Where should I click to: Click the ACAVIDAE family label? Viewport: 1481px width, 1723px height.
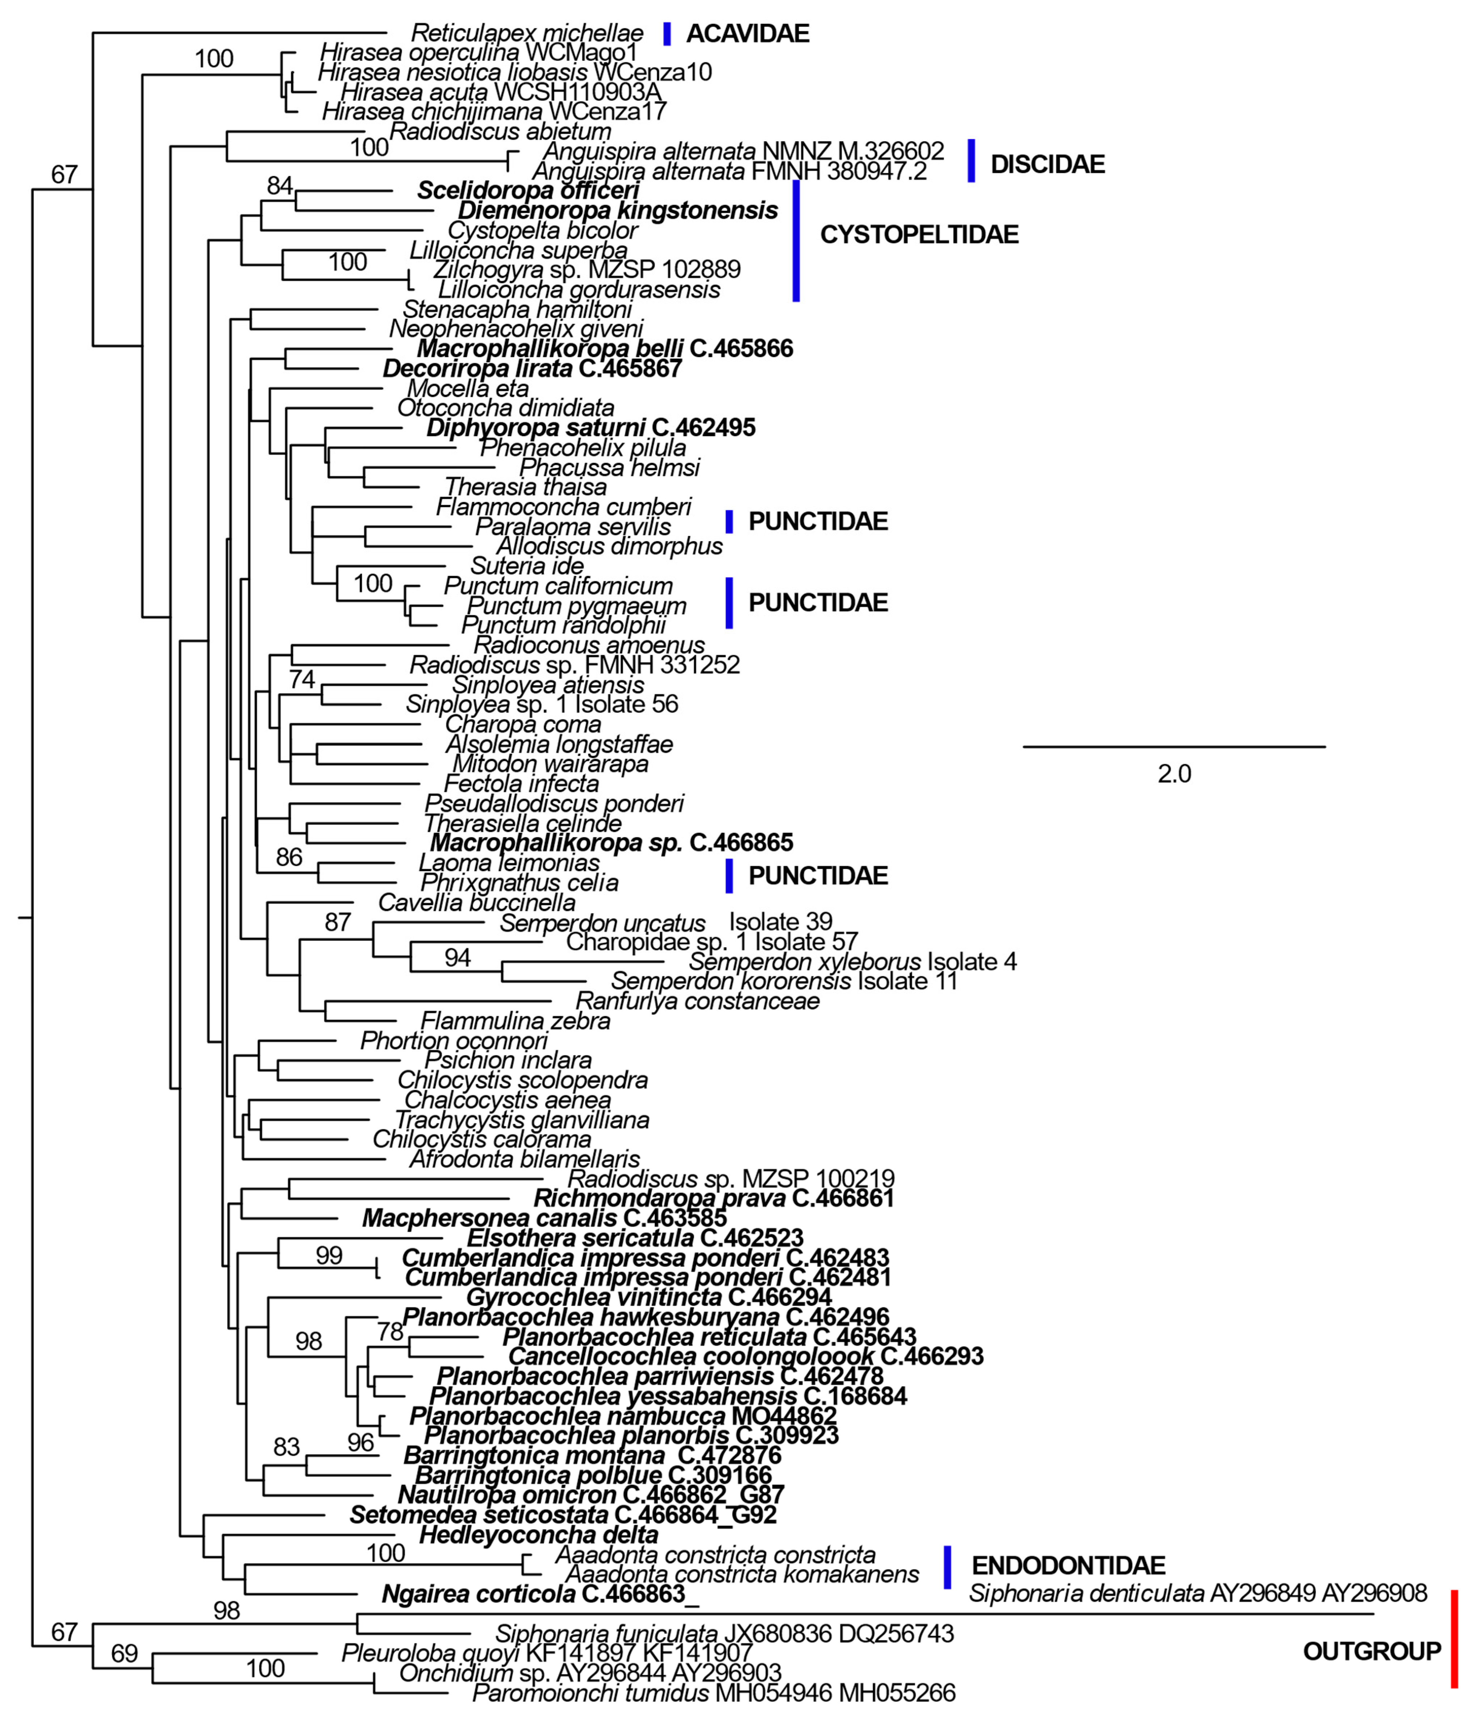point(747,33)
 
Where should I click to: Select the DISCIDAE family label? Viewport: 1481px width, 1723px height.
point(1047,164)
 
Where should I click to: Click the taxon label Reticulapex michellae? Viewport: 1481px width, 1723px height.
point(527,33)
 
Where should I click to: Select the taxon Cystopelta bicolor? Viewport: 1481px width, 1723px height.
point(542,230)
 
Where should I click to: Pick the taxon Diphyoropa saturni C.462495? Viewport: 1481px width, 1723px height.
point(591,427)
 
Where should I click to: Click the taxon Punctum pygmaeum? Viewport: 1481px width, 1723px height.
point(576,606)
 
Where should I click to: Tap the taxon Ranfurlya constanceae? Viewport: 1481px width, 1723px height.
point(697,1000)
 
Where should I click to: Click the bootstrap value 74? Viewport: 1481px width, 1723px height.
point(302,679)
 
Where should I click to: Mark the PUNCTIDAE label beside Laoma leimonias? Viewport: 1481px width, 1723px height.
point(817,876)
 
